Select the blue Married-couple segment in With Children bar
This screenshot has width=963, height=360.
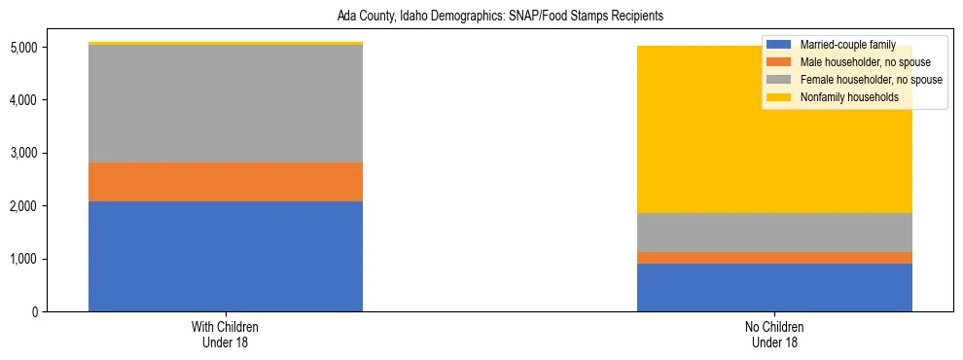coord(226,256)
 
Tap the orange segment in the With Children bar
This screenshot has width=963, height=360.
coord(226,182)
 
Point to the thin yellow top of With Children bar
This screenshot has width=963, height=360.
coord(226,44)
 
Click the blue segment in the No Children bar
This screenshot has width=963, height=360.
coord(774,287)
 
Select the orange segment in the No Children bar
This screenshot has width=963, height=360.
coord(774,258)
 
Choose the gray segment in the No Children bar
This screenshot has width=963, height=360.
coord(774,233)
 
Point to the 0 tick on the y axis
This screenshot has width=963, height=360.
coord(37,312)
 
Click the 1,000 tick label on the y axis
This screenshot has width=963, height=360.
coord(25,259)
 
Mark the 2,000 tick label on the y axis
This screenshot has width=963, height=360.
coord(25,206)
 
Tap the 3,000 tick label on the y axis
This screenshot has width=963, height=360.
coord(25,153)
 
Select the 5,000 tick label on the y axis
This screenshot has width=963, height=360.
coord(25,48)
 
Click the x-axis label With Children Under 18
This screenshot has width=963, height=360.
coord(226,335)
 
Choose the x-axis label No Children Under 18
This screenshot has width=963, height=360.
coord(774,335)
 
